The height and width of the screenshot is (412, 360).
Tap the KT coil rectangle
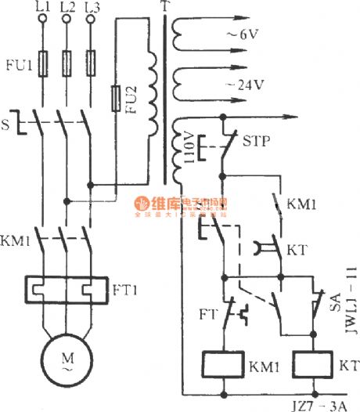click(315, 365)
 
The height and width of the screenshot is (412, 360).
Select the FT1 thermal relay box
click(66, 290)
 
